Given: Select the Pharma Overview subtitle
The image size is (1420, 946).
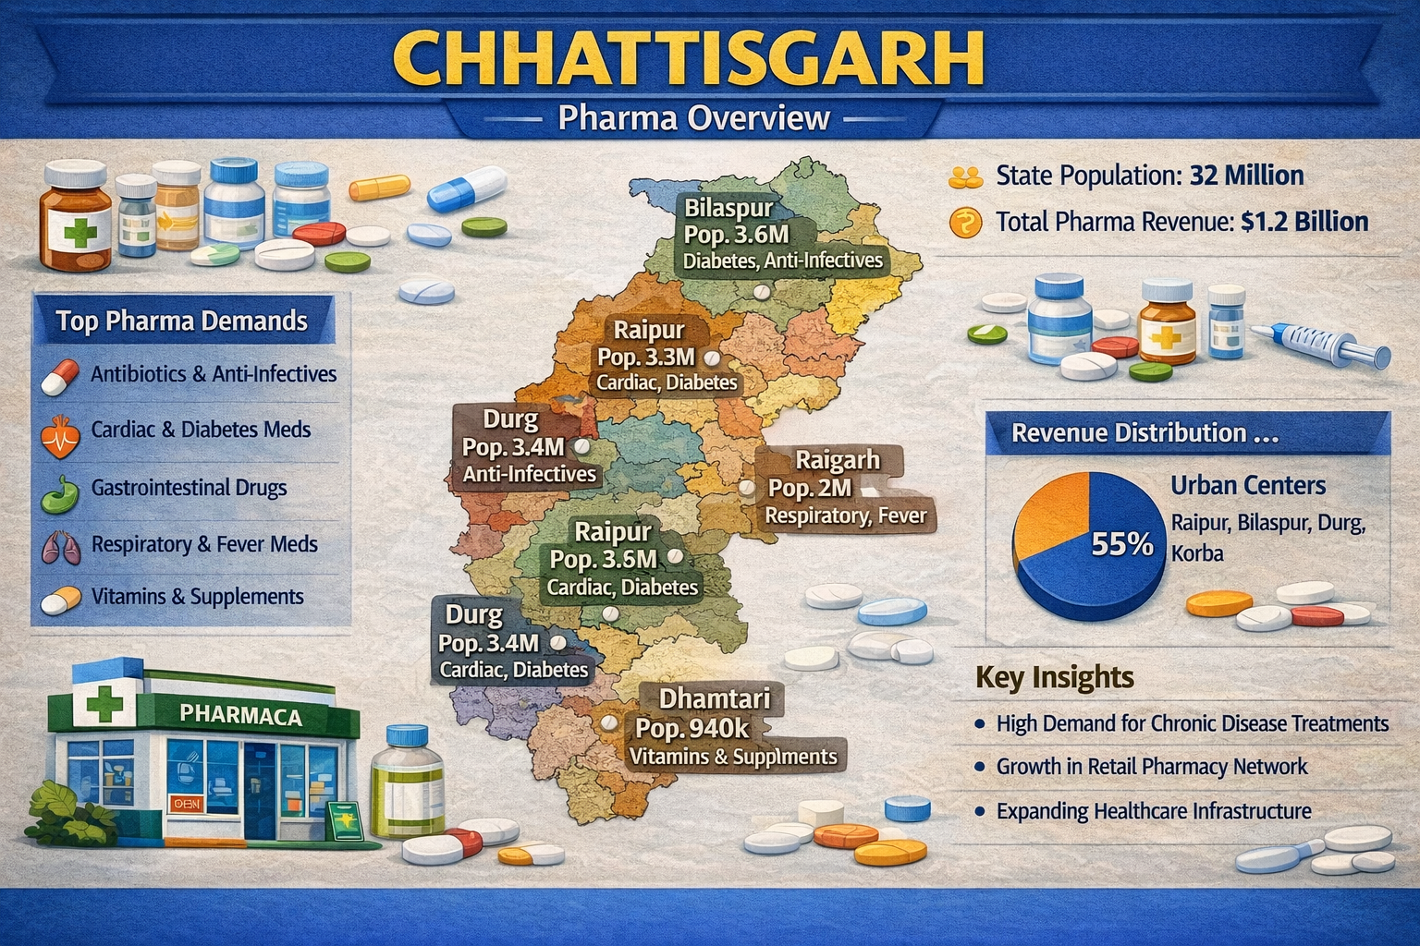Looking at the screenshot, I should (x=694, y=119).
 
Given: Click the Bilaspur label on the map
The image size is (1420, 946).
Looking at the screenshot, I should (x=728, y=208).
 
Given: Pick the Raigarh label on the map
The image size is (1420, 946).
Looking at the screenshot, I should (x=838, y=460).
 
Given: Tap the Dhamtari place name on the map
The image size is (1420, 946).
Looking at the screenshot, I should (x=714, y=697).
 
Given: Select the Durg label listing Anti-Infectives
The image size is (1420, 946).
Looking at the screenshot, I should (x=510, y=420).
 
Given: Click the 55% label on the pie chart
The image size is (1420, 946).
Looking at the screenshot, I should (x=1121, y=545).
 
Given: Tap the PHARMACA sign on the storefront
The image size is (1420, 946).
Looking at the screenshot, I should (x=240, y=716).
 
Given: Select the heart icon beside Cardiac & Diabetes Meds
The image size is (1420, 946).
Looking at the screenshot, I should (x=61, y=432).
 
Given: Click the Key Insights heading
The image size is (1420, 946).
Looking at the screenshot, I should (x=1054, y=677).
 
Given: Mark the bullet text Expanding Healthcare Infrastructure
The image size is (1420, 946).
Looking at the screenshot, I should (x=1153, y=811).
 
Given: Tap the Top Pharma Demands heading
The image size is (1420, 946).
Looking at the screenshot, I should (x=181, y=321).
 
